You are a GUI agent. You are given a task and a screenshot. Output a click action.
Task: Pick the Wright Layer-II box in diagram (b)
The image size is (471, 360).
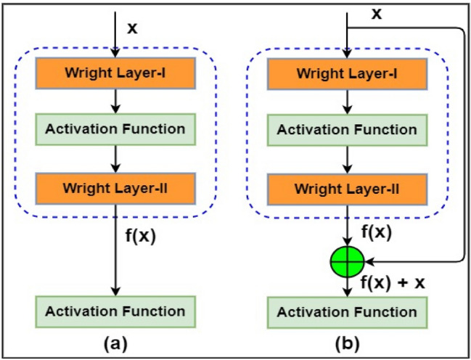click(347, 189)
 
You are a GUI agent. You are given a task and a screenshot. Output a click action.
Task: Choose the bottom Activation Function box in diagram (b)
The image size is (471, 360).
click(347, 312)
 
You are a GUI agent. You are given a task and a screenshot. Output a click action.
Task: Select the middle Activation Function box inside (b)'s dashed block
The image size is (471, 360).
click(347, 130)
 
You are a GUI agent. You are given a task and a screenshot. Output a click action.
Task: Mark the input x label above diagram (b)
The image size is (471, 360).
click(376, 13)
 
